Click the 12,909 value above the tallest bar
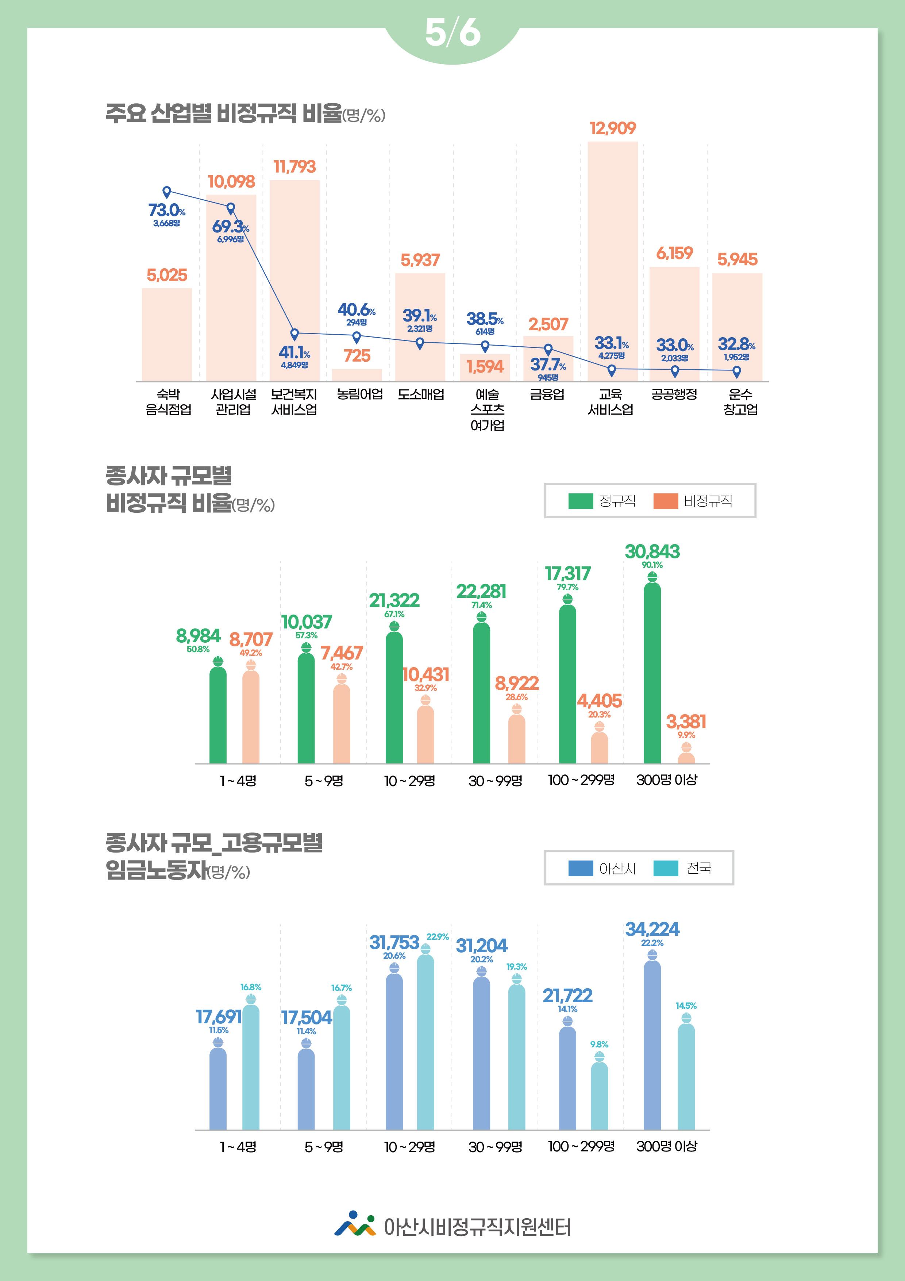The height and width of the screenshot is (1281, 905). click(613, 128)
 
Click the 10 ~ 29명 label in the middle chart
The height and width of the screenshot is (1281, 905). click(409, 781)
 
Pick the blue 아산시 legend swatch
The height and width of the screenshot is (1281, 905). click(580, 868)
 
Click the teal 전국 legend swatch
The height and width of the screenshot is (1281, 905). click(665, 868)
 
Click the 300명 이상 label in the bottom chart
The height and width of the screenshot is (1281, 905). click(667, 1147)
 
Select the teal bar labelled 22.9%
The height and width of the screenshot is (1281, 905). click(425, 1043)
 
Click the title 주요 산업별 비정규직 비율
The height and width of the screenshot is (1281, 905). click(223, 114)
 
